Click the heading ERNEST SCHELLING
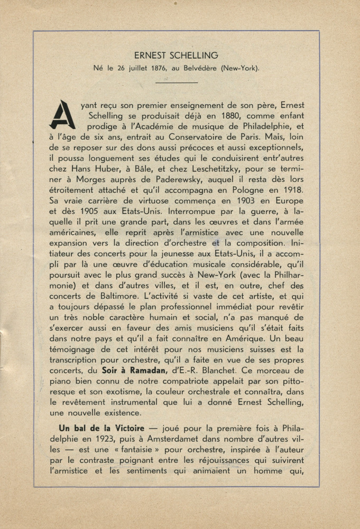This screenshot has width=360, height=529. [x=176, y=56]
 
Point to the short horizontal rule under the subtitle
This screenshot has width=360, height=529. [x=177, y=82]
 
